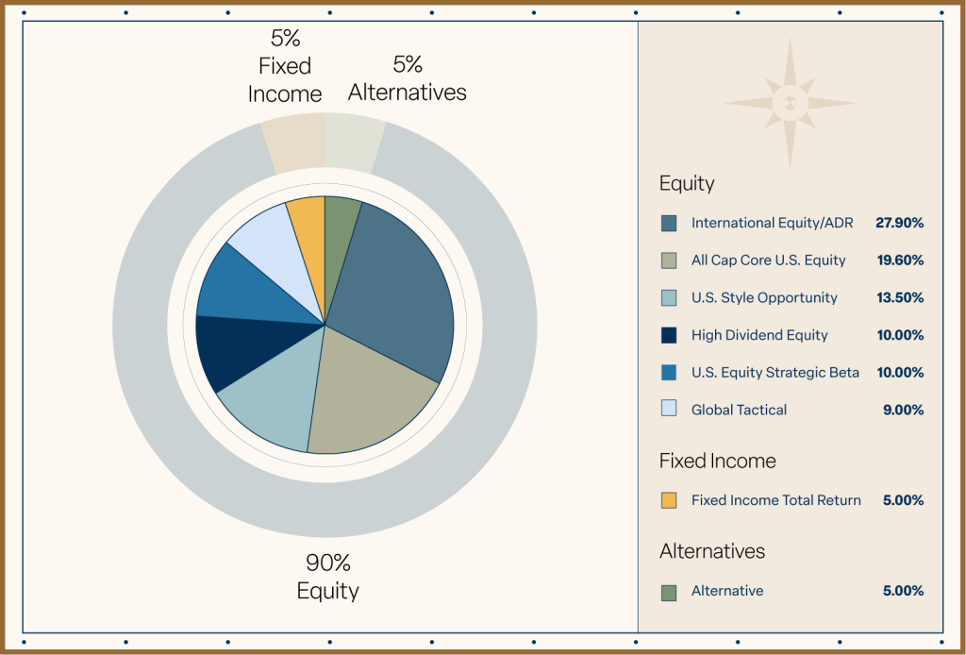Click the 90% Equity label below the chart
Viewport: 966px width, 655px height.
tap(327, 577)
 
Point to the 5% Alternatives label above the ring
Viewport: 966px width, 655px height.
tap(408, 78)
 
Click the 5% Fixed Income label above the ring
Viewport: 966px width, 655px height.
tap(285, 66)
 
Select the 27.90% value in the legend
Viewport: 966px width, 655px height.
tap(899, 223)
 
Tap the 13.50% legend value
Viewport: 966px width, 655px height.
tap(899, 297)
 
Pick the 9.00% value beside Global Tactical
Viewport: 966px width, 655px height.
tap(904, 410)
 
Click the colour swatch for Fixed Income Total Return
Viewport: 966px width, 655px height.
tap(669, 500)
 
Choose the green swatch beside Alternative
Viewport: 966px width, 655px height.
tap(669, 592)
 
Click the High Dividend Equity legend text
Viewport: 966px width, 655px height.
tap(759, 335)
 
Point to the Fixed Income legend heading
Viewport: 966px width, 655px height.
tap(718, 461)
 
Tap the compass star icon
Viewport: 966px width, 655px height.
tap(791, 103)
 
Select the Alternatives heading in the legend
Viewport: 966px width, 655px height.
tap(712, 551)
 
